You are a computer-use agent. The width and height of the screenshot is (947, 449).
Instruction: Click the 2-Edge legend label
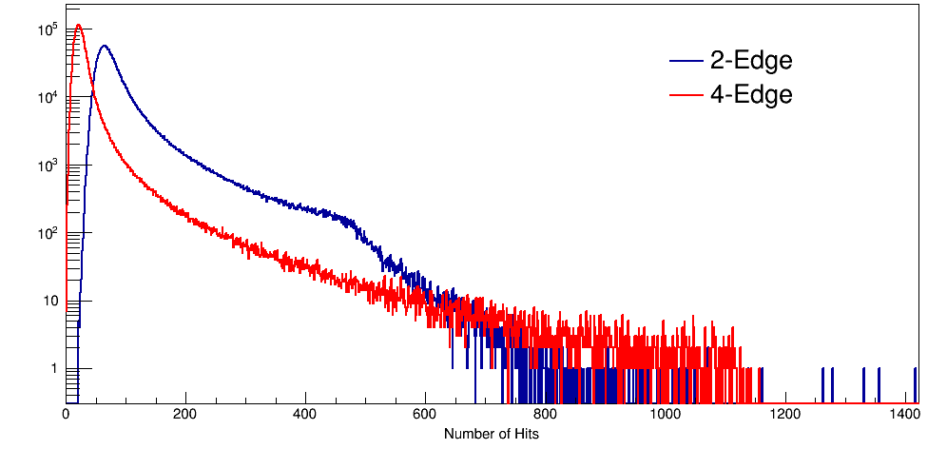(750, 61)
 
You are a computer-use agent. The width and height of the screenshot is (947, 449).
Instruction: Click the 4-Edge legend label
(750, 94)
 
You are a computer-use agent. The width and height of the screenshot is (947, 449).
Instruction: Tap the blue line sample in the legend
(686, 61)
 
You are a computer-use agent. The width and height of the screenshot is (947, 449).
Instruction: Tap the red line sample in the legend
(686, 94)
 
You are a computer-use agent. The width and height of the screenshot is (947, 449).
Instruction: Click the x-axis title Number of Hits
(492, 434)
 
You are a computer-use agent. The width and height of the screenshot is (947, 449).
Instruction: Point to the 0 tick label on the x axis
(66, 415)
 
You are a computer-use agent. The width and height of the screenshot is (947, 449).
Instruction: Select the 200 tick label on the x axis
(185, 415)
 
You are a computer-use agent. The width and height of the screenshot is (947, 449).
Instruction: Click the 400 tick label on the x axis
(305, 415)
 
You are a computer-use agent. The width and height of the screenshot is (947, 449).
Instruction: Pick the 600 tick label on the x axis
(425, 415)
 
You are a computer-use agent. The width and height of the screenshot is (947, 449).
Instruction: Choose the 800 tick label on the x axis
(545, 415)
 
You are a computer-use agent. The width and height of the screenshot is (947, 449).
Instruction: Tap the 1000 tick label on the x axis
(665, 415)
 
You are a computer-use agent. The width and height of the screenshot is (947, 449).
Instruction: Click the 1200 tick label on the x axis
(784, 415)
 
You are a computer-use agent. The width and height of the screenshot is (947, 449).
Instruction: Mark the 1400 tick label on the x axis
(904, 415)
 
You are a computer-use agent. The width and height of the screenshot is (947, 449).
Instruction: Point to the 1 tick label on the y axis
(54, 369)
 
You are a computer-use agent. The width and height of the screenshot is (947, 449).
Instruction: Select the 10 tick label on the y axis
(51, 302)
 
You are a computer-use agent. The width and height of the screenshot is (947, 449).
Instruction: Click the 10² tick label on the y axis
(49, 233)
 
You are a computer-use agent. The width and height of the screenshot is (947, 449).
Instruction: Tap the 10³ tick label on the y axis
(49, 166)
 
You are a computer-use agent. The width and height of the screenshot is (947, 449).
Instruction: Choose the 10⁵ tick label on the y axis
(49, 30)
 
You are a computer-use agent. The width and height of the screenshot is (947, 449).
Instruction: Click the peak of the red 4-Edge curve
(78, 26)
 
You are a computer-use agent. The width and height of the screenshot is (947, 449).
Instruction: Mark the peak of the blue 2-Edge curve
(104, 46)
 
